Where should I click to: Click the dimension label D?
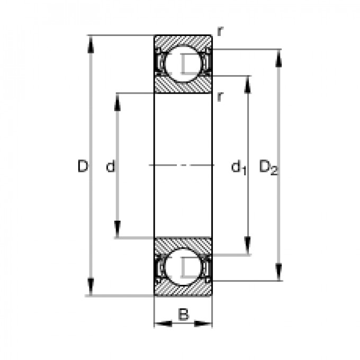82,167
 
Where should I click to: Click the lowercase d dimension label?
110,167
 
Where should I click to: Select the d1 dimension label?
238,168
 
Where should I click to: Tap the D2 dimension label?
268,168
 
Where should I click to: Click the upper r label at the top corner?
219,31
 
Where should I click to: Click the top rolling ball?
183,64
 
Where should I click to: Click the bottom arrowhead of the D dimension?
92,289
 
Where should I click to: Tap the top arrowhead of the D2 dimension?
278,57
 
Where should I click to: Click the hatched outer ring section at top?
183,41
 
